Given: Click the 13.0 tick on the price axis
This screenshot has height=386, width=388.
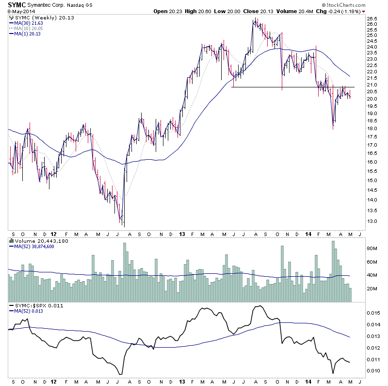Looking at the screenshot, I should (x=372, y=221).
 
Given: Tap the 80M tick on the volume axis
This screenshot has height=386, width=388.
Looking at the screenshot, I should (x=372, y=248).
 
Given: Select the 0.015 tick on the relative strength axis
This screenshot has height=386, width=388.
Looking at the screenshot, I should (x=372, y=313).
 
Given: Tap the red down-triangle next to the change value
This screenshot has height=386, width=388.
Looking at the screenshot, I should (x=364, y=11).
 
